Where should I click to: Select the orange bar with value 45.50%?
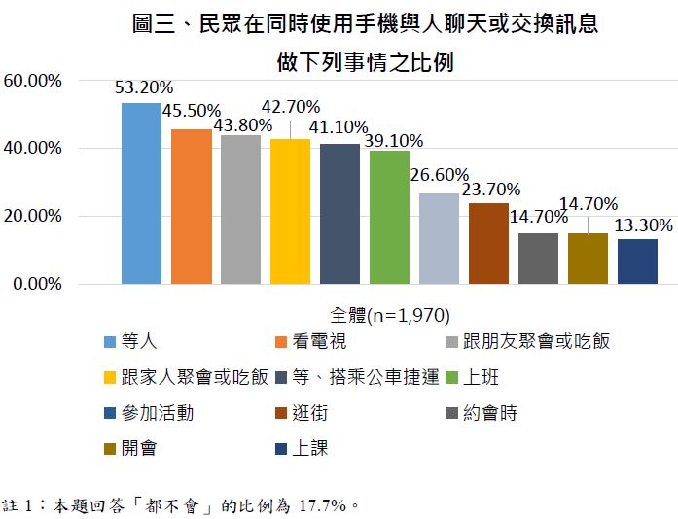(x=191, y=207)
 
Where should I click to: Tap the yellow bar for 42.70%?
(x=290, y=212)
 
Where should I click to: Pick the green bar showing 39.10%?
(x=389, y=218)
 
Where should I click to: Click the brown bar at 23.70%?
(x=488, y=244)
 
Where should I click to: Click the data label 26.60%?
(x=439, y=177)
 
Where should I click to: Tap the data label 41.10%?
(x=338, y=126)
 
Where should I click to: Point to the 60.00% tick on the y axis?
(x=33, y=81)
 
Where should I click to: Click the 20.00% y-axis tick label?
(x=33, y=217)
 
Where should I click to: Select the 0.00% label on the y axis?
(x=37, y=285)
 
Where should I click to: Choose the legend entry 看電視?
(x=317, y=341)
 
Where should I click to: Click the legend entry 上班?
(x=483, y=377)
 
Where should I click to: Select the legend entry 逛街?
(x=308, y=413)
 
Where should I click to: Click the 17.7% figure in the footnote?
(x=325, y=505)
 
